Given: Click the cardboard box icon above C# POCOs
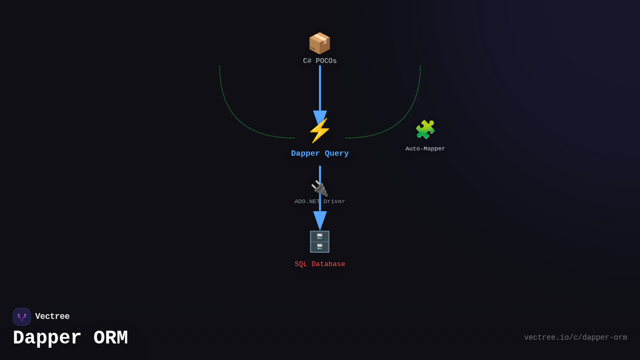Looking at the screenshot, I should (x=319, y=43).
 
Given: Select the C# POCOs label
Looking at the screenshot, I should (x=320, y=61).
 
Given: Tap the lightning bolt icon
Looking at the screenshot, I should (x=319, y=131).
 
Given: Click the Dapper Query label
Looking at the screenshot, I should (x=320, y=154).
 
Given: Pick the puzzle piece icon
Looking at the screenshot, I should (x=425, y=130).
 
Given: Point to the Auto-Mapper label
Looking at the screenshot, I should (x=425, y=149).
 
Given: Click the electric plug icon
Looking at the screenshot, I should (x=319, y=188).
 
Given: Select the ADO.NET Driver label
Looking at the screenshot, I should (x=320, y=202).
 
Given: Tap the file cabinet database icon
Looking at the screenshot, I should (x=319, y=242).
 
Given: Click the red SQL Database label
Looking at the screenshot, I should (x=320, y=264).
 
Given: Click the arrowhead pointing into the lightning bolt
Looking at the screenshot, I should (x=320, y=117).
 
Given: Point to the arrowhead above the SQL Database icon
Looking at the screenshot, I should (x=320, y=220).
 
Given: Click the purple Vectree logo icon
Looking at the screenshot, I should (x=22, y=317).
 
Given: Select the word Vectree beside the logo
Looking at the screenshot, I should (x=52, y=317).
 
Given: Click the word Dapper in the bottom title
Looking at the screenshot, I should (x=47, y=338).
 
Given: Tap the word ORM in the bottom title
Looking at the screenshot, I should (x=110, y=338).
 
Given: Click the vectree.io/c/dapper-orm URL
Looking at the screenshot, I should (x=575, y=338).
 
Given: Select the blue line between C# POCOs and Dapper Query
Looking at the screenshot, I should (x=320, y=88).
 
